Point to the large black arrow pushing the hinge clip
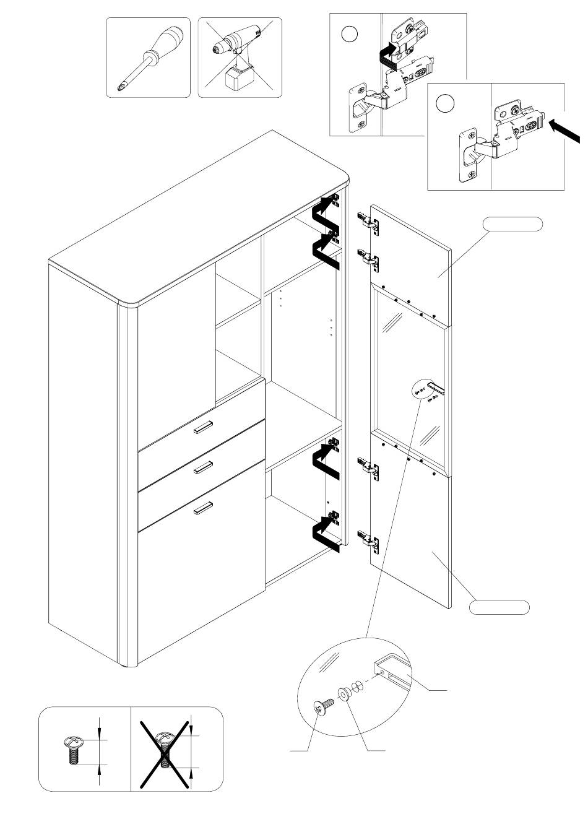click(x=564, y=132)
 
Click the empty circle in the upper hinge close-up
click(x=350, y=34)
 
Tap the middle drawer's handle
click(x=203, y=469)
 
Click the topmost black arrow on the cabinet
click(x=325, y=214)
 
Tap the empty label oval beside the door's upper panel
click(x=513, y=224)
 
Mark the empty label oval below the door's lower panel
click(x=499, y=607)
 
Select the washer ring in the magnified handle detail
click(x=344, y=694)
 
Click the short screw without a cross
click(x=72, y=751)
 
